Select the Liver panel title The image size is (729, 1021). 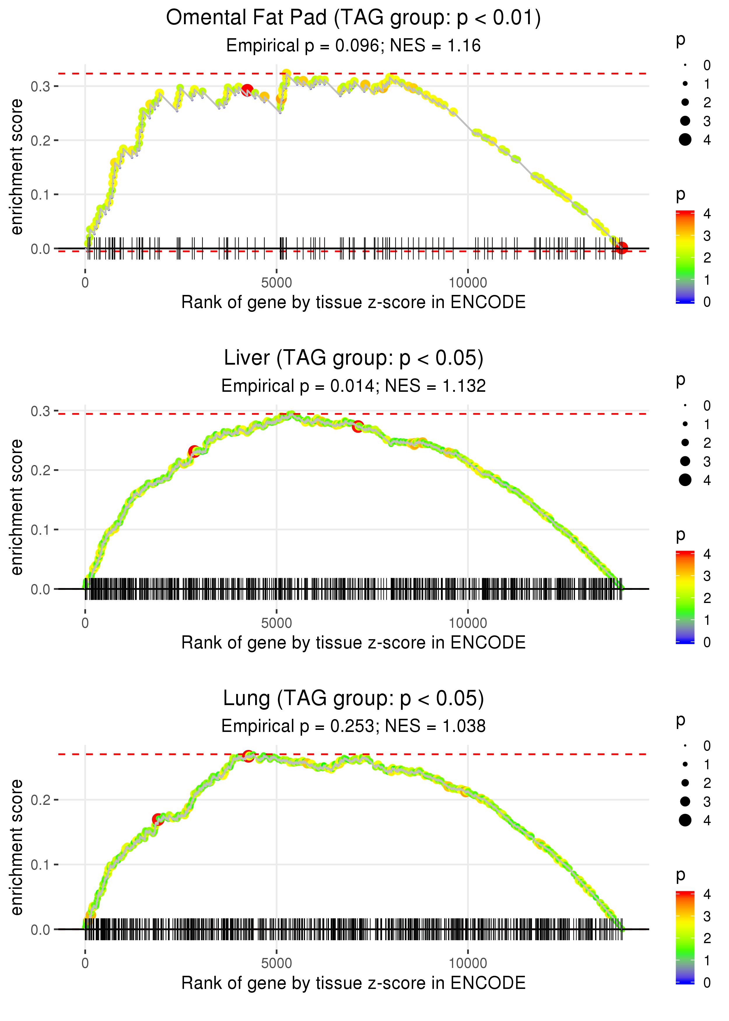point(353,358)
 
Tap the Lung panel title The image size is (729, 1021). point(353,698)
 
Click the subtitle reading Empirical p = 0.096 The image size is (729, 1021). point(353,45)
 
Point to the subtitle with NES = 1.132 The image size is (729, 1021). point(353,386)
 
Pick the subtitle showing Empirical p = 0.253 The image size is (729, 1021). point(353,726)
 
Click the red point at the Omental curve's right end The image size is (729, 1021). point(621,248)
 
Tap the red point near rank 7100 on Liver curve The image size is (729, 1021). point(357,426)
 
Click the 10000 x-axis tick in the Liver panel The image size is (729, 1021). point(468,623)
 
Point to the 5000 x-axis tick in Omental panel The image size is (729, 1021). point(276,283)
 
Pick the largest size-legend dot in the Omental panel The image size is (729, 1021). point(685,140)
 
